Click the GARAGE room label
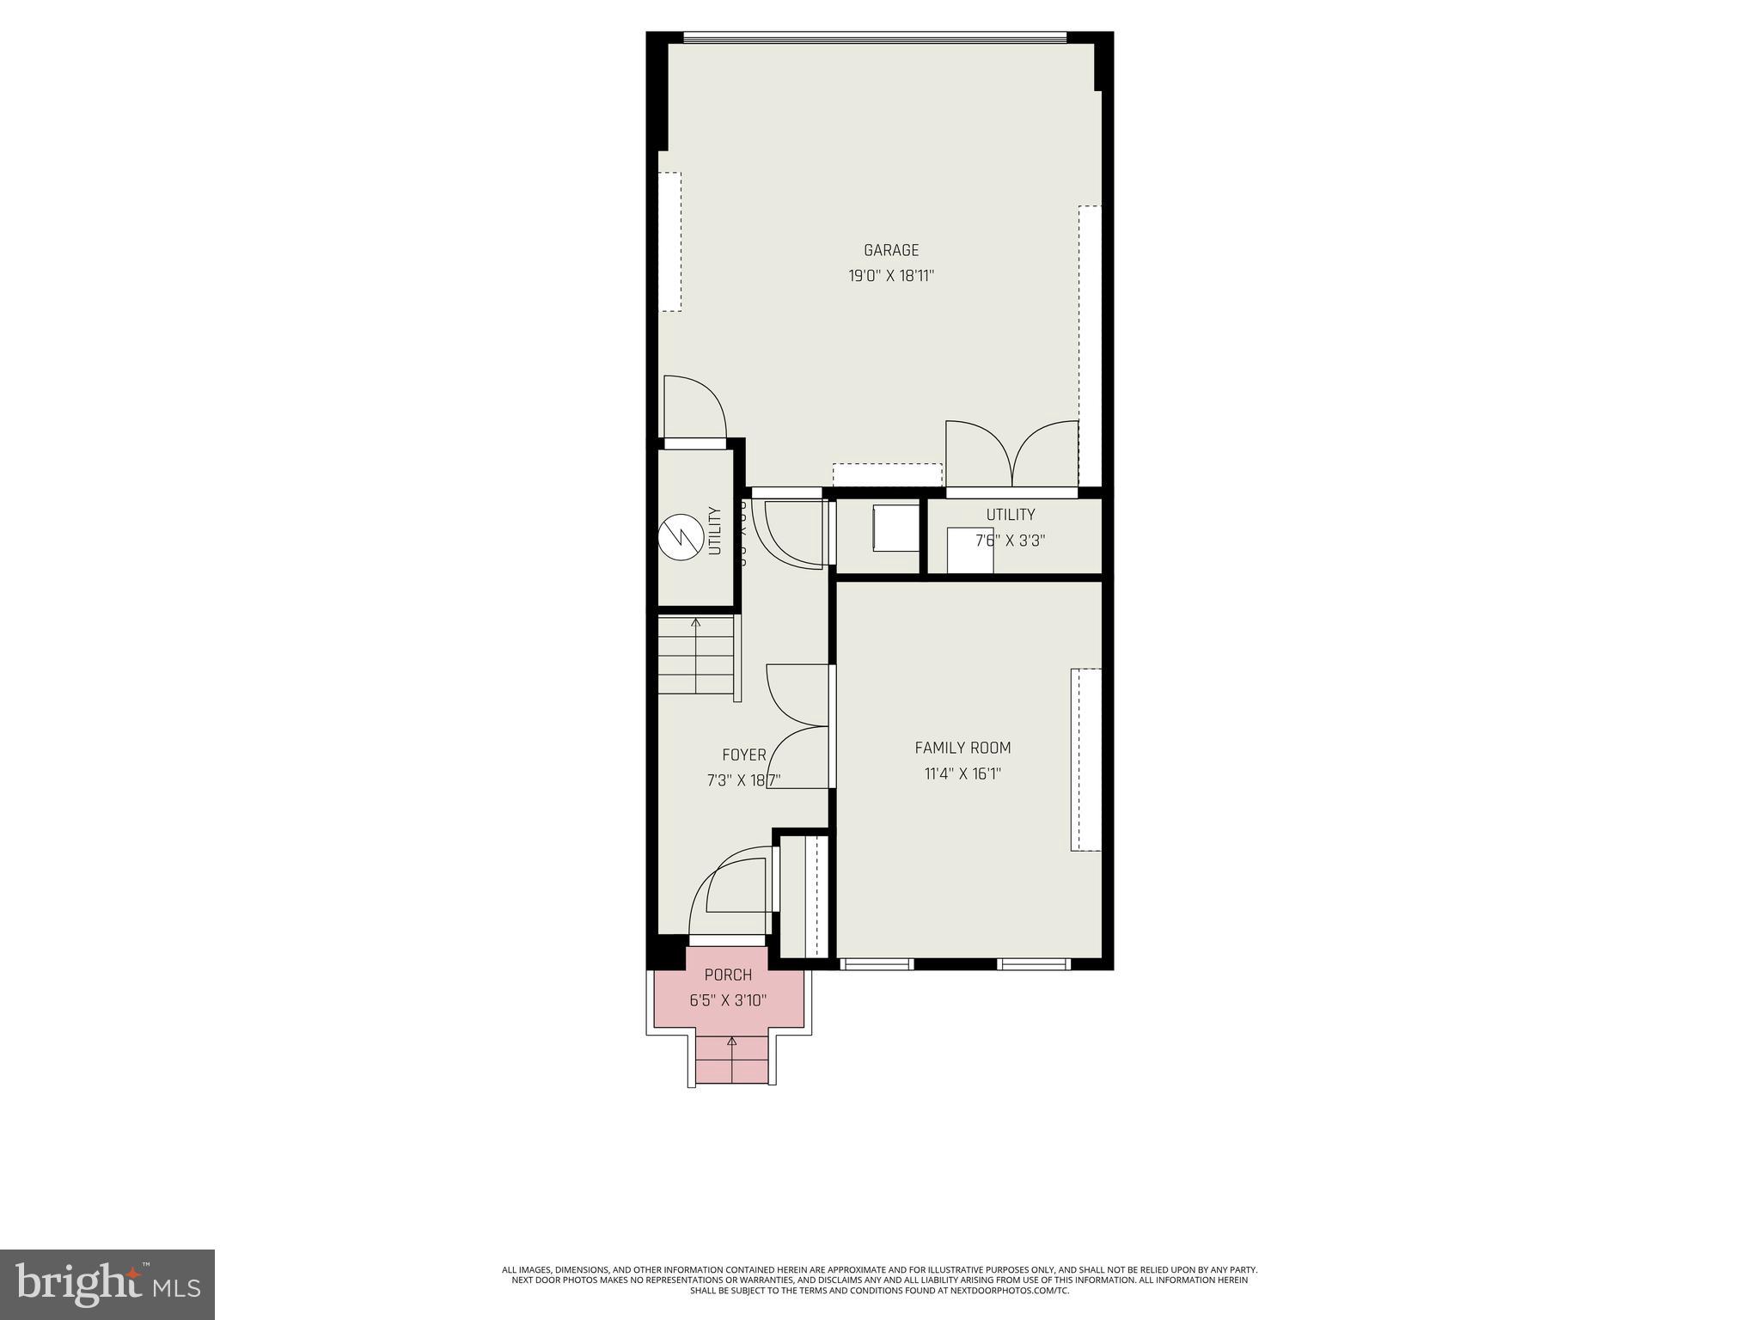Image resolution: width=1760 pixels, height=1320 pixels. tap(891, 250)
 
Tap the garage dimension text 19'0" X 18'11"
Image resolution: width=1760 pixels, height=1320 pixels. tap(891, 277)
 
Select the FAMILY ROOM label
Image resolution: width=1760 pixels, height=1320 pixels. tap(962, 748)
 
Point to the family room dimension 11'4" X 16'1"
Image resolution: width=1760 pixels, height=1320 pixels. tap(962, 774)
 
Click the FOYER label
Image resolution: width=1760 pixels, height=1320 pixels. tap(744, 755)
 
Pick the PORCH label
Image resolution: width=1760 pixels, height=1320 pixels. tap(728, 975)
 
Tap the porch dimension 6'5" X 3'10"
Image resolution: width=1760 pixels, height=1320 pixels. tap(728, 1000)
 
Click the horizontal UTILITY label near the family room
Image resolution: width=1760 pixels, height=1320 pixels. tap(1011, 515)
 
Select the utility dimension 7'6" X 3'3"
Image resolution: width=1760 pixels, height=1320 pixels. tap(1011, 541)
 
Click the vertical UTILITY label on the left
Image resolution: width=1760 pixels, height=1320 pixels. tap(715, 531)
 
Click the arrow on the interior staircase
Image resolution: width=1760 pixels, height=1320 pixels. tap(695, 622)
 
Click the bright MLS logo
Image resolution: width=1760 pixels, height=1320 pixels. tap(107, 1285)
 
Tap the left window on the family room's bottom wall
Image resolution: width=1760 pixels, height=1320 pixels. tap(876, 964)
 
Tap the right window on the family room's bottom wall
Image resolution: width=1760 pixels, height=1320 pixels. tap(1034, 964)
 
